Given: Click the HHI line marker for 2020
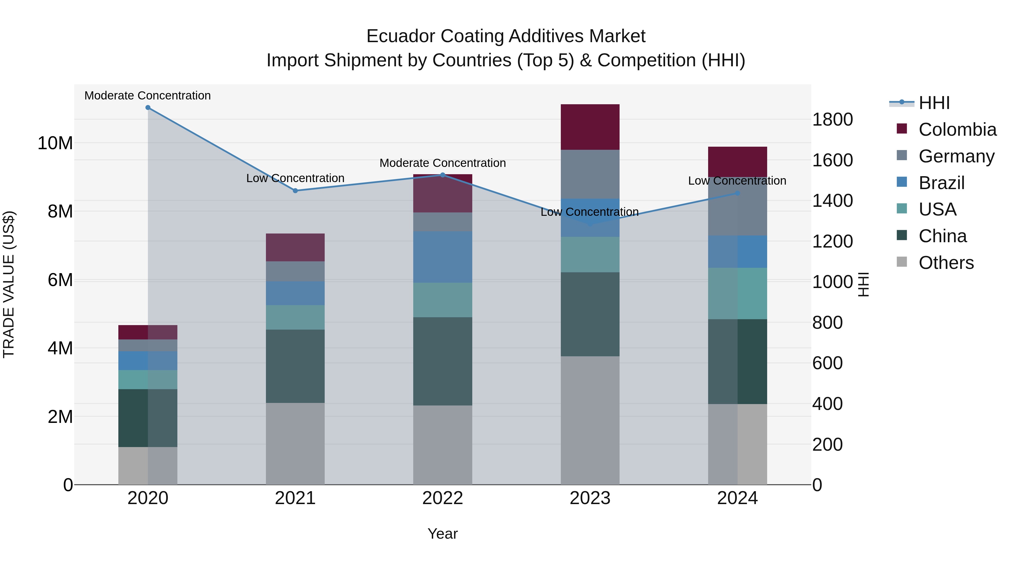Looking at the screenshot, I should click(148, 108).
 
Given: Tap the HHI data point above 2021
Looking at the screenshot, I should click(295, 191).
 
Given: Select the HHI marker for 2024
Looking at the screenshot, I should click(737, 193).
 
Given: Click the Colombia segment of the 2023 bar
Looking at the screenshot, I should click(590, 127).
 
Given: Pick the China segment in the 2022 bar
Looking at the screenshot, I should click(442, 361).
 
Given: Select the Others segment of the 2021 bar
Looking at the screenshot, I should click(295, 444).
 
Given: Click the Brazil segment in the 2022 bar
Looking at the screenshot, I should click(442, 257).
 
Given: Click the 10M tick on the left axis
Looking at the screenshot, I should click(55, 143).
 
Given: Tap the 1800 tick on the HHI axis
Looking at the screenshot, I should click(832, 119).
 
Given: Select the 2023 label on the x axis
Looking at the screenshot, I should click(590, 498).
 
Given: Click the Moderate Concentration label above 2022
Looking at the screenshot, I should click(442, 163).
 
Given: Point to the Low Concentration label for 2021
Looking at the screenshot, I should click(295, 178).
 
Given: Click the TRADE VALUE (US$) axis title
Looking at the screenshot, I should click(9, 284).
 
